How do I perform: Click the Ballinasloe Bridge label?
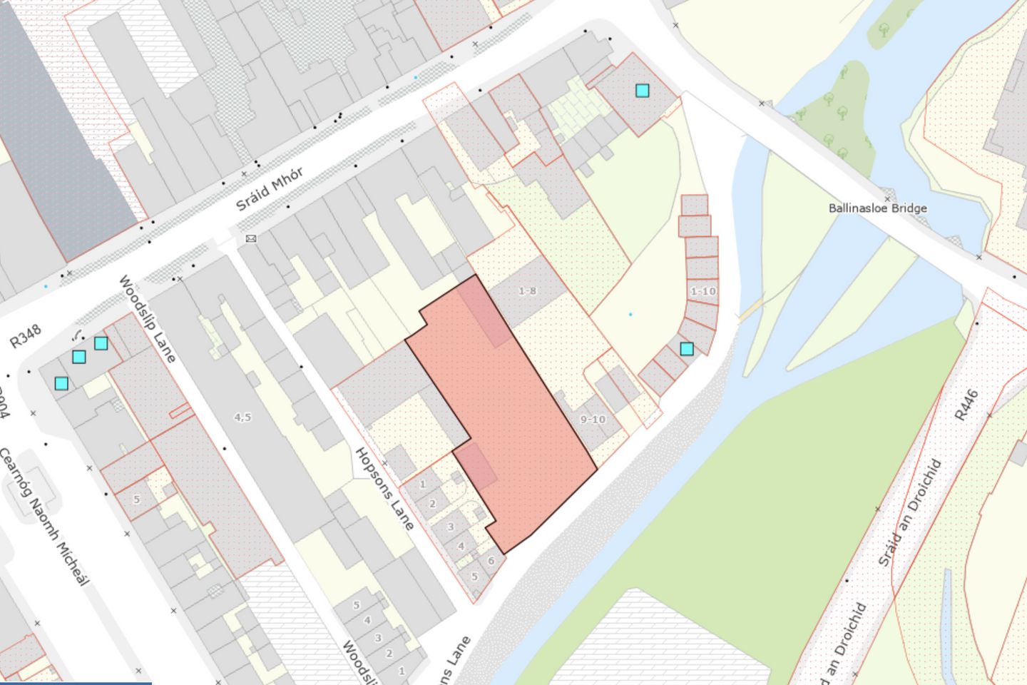coord(877,208)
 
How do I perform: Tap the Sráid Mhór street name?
coord(270,189)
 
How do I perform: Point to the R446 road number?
coord(966,405)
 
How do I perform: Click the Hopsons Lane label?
coord(384,489)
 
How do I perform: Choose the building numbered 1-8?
coord(526,291)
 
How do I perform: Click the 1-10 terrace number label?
coord(703,291)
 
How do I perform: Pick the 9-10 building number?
coord(593,420)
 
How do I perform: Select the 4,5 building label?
coord(242,417)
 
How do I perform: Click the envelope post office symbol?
coord(250,238)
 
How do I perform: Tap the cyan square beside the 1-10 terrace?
coord(686,349)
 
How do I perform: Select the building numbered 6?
coord(491,561)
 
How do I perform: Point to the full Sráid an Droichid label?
coord(910,512)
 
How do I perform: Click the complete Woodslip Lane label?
coord(148,318)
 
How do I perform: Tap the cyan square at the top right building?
coord(642,91)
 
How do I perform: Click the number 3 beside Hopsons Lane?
coord(450,527)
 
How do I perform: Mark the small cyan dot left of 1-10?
coord(630,314)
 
